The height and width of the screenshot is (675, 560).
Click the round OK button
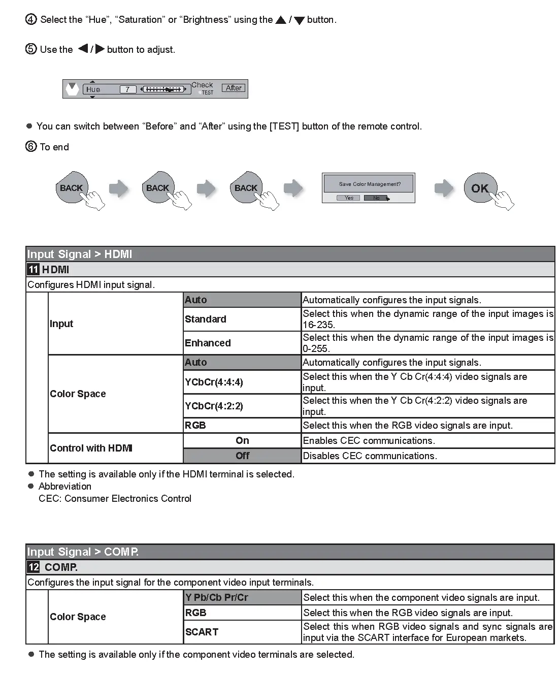(x=480, y=188)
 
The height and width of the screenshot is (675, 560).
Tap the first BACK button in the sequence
(x=71, y=188)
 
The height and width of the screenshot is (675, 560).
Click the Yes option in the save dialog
(x=349, y=198)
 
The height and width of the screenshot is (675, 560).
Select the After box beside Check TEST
(x=234, y=88)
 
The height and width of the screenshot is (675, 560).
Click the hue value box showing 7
(x=128, y=89)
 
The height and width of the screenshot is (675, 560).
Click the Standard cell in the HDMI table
(x=242, y=319)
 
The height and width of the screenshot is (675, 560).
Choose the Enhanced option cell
(x=242, y=343)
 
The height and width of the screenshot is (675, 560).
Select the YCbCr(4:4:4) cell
(x=242, y=382)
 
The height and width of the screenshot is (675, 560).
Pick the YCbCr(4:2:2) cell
(x=242, y=406)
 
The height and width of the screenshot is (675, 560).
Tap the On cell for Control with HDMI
(x=242, y=440)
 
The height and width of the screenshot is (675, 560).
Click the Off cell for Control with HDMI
(x=242, y=456)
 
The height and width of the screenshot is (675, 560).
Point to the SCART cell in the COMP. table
(x=242, y=632)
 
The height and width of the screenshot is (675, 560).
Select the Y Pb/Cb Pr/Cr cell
(x=242, y=597)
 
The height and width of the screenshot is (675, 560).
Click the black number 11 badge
(x=34, y=269)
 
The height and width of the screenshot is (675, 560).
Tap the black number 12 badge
(x=34, y=567)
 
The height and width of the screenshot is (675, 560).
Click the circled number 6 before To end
(x=31, y=147)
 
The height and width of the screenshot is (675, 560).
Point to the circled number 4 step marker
(x=31, y=20)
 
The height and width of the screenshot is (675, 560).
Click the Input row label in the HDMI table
(x=61, y=324)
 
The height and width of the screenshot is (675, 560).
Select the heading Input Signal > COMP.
(x=83, y=552)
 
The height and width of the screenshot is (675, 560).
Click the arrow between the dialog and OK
(x=444, y=188)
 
